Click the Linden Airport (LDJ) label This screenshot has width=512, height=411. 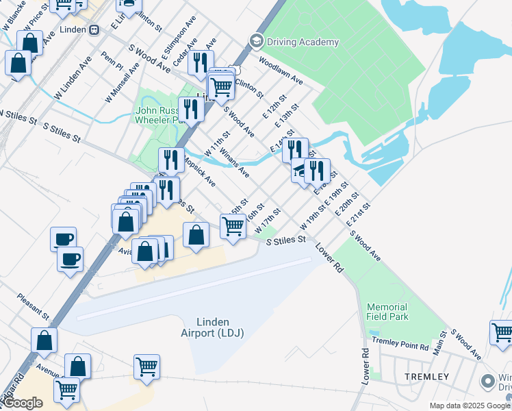tap(212, 327)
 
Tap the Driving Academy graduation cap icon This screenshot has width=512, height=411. tap(257, 41)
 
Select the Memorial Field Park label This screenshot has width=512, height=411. tap(387, 312)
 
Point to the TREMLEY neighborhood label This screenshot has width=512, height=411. tap(426, 377)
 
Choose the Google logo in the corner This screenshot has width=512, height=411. tap(23, 403)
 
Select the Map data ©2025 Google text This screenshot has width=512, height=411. tap(470, 406)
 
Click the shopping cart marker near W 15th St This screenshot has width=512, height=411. tap(233, 225)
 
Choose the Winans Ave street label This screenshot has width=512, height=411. tap(234, 162)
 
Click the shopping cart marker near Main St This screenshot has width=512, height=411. tap(502, 332)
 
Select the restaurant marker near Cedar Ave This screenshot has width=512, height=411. tap(201, 63)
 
